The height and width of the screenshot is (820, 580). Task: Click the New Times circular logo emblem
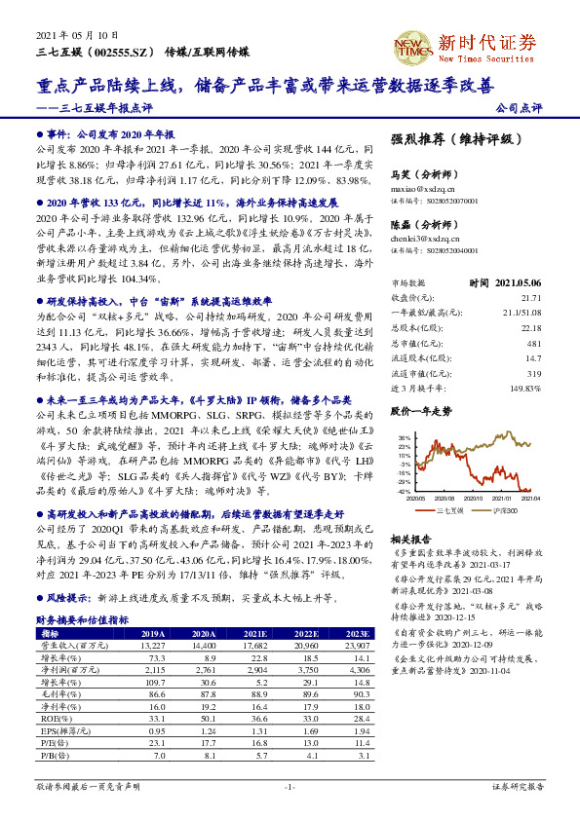[409, 44]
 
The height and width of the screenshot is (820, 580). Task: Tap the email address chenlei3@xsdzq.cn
[422, 238]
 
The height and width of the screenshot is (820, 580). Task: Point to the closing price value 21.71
[530, 297]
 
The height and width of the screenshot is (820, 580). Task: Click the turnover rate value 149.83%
[524, 360]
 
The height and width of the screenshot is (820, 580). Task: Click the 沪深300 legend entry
[504, 510]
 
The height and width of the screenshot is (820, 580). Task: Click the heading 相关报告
[409, 539]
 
